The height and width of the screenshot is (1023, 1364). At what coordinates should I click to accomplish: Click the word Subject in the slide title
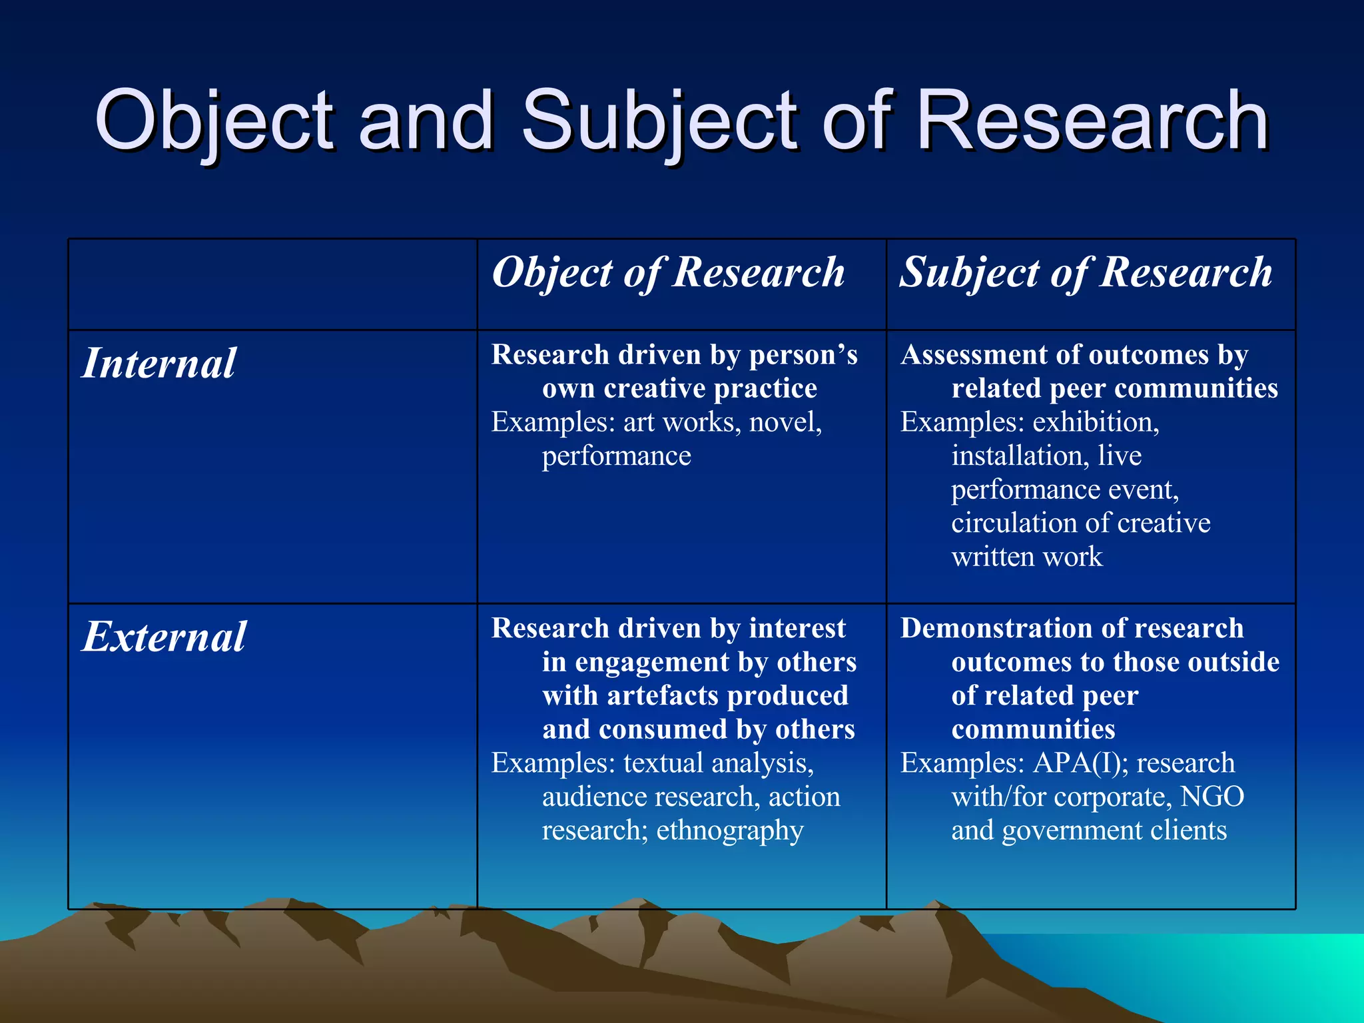click(658, 121)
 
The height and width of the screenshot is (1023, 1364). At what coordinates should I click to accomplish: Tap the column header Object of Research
click(668, 273)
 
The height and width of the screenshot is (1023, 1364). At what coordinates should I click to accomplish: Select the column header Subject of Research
click(1086, 273)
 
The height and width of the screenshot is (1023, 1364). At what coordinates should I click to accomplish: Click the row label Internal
click(159, 364)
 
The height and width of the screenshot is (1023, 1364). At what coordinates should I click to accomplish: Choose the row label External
click(164, 637)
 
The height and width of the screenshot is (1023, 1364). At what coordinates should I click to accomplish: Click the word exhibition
click(1096, 422)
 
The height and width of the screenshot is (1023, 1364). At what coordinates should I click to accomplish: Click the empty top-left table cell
click(272, 284)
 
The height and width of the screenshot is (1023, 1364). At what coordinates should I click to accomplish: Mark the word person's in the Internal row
click(803, 356)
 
